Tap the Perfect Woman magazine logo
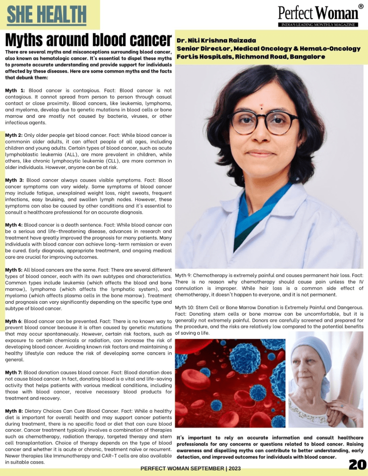pos(318,13)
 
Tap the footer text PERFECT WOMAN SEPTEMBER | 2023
pos(191,469)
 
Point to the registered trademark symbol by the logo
pos(361,7)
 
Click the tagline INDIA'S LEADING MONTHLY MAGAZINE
pos(318,25)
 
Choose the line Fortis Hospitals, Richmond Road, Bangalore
pos(251,57)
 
